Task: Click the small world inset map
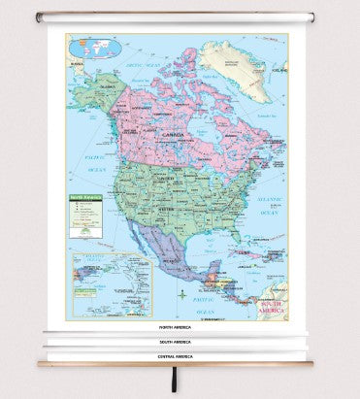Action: coord(87,45)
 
